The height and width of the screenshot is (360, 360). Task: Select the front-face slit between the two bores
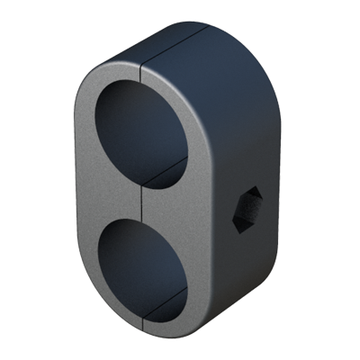pos(144,200)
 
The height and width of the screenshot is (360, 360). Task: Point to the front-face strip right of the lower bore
pos(201,270)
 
